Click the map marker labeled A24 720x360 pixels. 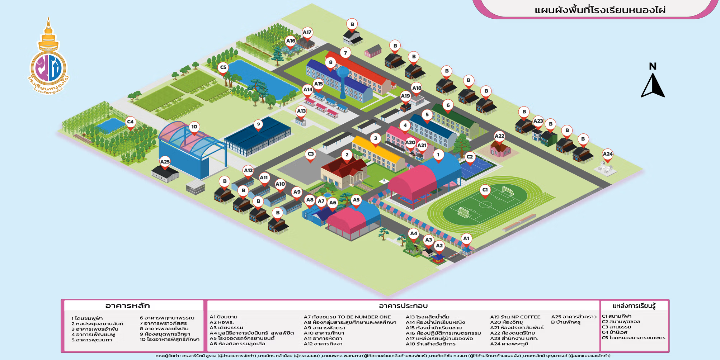pyautogui.click(x=607, y=155)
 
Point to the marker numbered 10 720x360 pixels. pyautogui.click(x=194, y=128)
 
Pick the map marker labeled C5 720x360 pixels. pyautogui.click(x=223, y=68)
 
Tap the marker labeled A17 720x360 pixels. pyautogui.click(x=307, y=33)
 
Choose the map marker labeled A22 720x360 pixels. pyautogui.click(x=499, y=137)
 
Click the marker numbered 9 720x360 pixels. pyautogui.click(x=258, y=125)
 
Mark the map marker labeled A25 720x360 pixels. pyautogui.click(x=165, y=163)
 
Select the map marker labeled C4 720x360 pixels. pyautogui.click(x=130, y=123)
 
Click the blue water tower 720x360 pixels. pyautogui.click(x=343, y=82)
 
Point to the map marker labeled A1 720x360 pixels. pyautogui.click(x=466, y=240)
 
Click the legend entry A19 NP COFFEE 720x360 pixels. pyautogui.click(x=515, y=317)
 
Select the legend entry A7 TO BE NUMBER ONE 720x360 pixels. pyautogui.click(x=347, y=317)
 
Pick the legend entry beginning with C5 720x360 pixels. pyautogui.click(x=634, y=338)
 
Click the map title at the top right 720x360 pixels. pyautogui.click(x=600, y=10)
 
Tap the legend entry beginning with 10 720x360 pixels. pyautogui.click(x=170, y=339)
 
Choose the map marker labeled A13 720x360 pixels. pyautogui.click(x=301, y=112)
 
